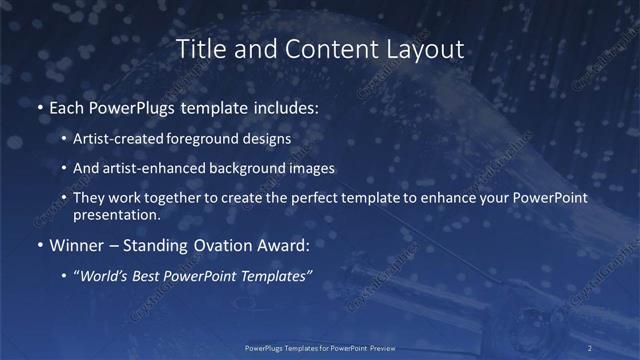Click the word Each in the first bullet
click(67, 107)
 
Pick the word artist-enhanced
click(148, 168)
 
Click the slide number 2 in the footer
click(590, 347)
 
